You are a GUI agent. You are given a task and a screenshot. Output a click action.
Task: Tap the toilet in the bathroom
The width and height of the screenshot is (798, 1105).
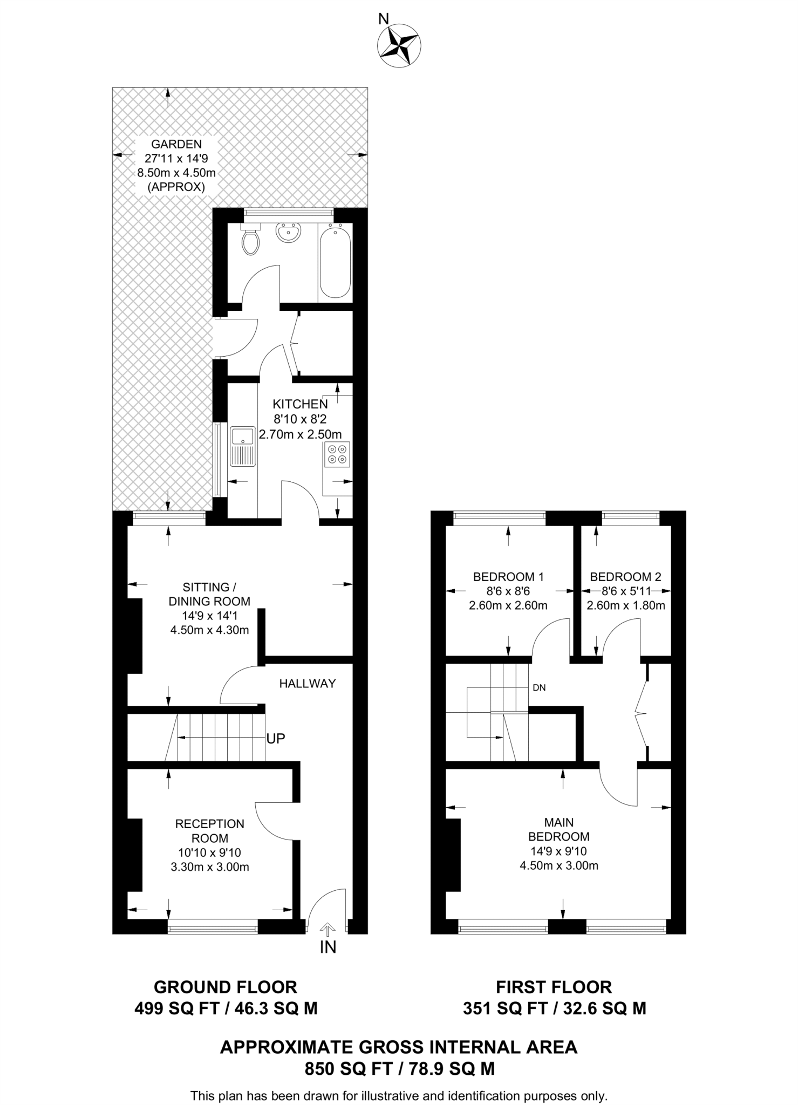pyautogui.click(x=251, y=241)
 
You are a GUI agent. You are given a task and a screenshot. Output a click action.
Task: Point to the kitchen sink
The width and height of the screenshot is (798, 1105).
pyautogui.click(x=243, y=446)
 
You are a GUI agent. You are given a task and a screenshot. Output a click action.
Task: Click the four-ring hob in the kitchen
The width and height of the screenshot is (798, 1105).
pyautogui.click(x=337, y=454)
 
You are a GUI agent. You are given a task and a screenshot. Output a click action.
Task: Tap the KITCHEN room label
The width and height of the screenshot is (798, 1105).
pyautogui.click(x=300, y=404)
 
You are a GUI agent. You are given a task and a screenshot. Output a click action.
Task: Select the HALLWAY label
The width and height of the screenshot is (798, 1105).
pyautogui.click(x=307, y=684)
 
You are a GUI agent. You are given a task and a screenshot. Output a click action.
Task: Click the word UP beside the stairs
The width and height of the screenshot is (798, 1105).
pyautogui.click(x=275, y=739)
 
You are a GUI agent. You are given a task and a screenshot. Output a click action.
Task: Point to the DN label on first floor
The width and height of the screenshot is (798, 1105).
pyautogui.click(x=539, y=687)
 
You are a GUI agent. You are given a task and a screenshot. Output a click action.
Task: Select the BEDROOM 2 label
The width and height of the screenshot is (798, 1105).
pyautogui.click(x=625, y=577)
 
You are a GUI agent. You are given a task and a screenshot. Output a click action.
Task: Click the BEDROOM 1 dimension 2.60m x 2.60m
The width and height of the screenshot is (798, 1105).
pyautogui.click(x=508, y=605)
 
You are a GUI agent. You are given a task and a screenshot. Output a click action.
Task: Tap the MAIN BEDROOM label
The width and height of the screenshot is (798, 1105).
pyautogui.click(x=558, y=829)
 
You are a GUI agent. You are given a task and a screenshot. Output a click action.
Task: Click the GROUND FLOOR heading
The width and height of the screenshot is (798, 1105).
pyautogui.click(x=226, y=987)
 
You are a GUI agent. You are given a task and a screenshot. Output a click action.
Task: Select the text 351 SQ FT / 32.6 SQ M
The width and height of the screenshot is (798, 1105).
pyautogui.click(x=554, y=1008)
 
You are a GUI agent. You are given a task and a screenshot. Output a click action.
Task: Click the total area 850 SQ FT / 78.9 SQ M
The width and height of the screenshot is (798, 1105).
pyautogui.click(x=399, y=1069)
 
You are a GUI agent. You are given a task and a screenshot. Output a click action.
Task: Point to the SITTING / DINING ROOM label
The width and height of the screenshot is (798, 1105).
pyautogui.click(x=209, y=594)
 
